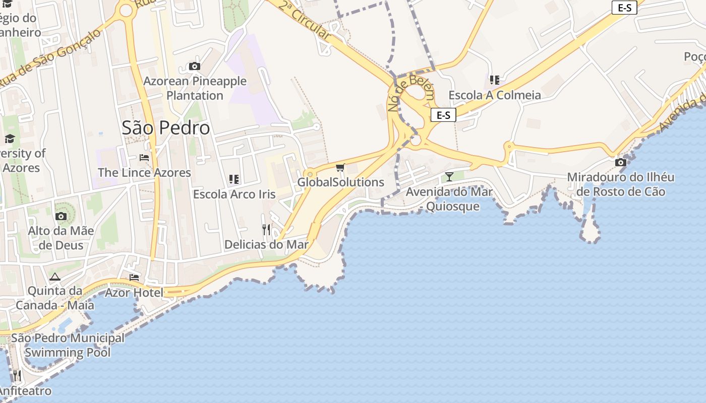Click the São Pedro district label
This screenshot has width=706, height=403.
tap(165, 128)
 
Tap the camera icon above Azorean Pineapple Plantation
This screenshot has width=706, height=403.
tap(194, 66)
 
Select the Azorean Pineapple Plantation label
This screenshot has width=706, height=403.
tap(195, 88)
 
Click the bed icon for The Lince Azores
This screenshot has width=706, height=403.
tap(144, 158)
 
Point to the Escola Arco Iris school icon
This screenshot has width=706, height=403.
tap(233, 179)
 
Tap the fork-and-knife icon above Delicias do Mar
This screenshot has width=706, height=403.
tap(266, 230)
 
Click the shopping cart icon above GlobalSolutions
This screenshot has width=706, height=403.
tap(340, 167)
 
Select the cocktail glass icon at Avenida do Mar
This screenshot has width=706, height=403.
tap(449, 176)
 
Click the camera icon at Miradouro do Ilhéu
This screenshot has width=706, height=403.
tap(621, 162)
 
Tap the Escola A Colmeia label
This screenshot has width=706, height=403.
tap(494, 95)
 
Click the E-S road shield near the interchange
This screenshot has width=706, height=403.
tap(443, 115)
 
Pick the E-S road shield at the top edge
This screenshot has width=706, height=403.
tap(624, 8)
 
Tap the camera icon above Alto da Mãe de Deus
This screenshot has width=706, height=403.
tap(61, 216)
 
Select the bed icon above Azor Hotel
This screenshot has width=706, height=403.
tap(134, 277)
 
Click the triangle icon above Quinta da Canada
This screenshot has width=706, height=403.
tap(55, 277)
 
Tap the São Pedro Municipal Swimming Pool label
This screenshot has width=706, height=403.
tap(68, 345)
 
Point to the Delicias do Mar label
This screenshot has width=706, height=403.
tap(266, 245)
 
